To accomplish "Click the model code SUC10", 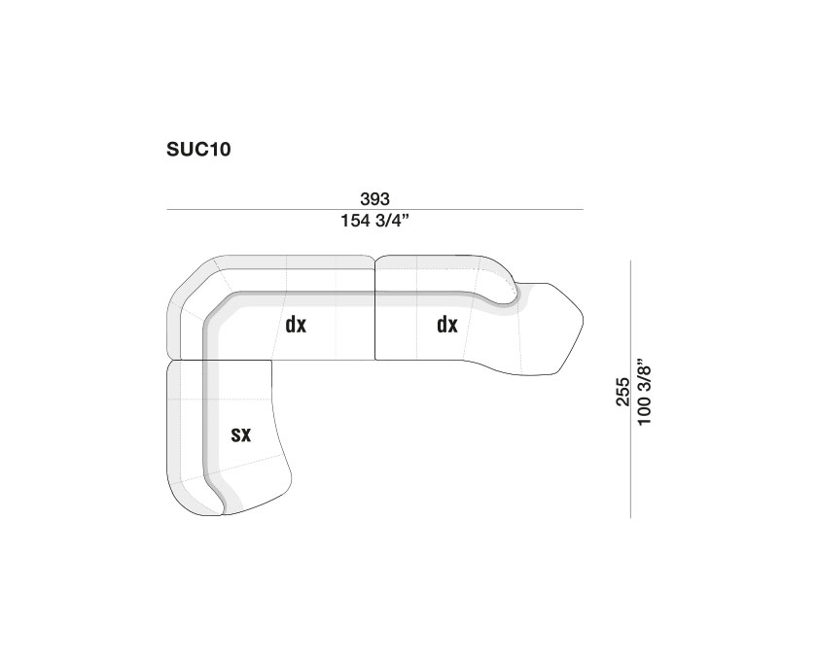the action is point(198,150).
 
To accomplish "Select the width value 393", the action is point(374,198).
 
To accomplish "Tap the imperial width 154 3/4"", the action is point(374,221).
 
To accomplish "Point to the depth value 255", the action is point(622,391).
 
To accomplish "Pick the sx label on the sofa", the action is point(241,434).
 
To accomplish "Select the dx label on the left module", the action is point(296,325).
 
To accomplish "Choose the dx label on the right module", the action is point(447,325).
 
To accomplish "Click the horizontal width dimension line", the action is point(374,209).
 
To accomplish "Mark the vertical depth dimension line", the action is point(631,389).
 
